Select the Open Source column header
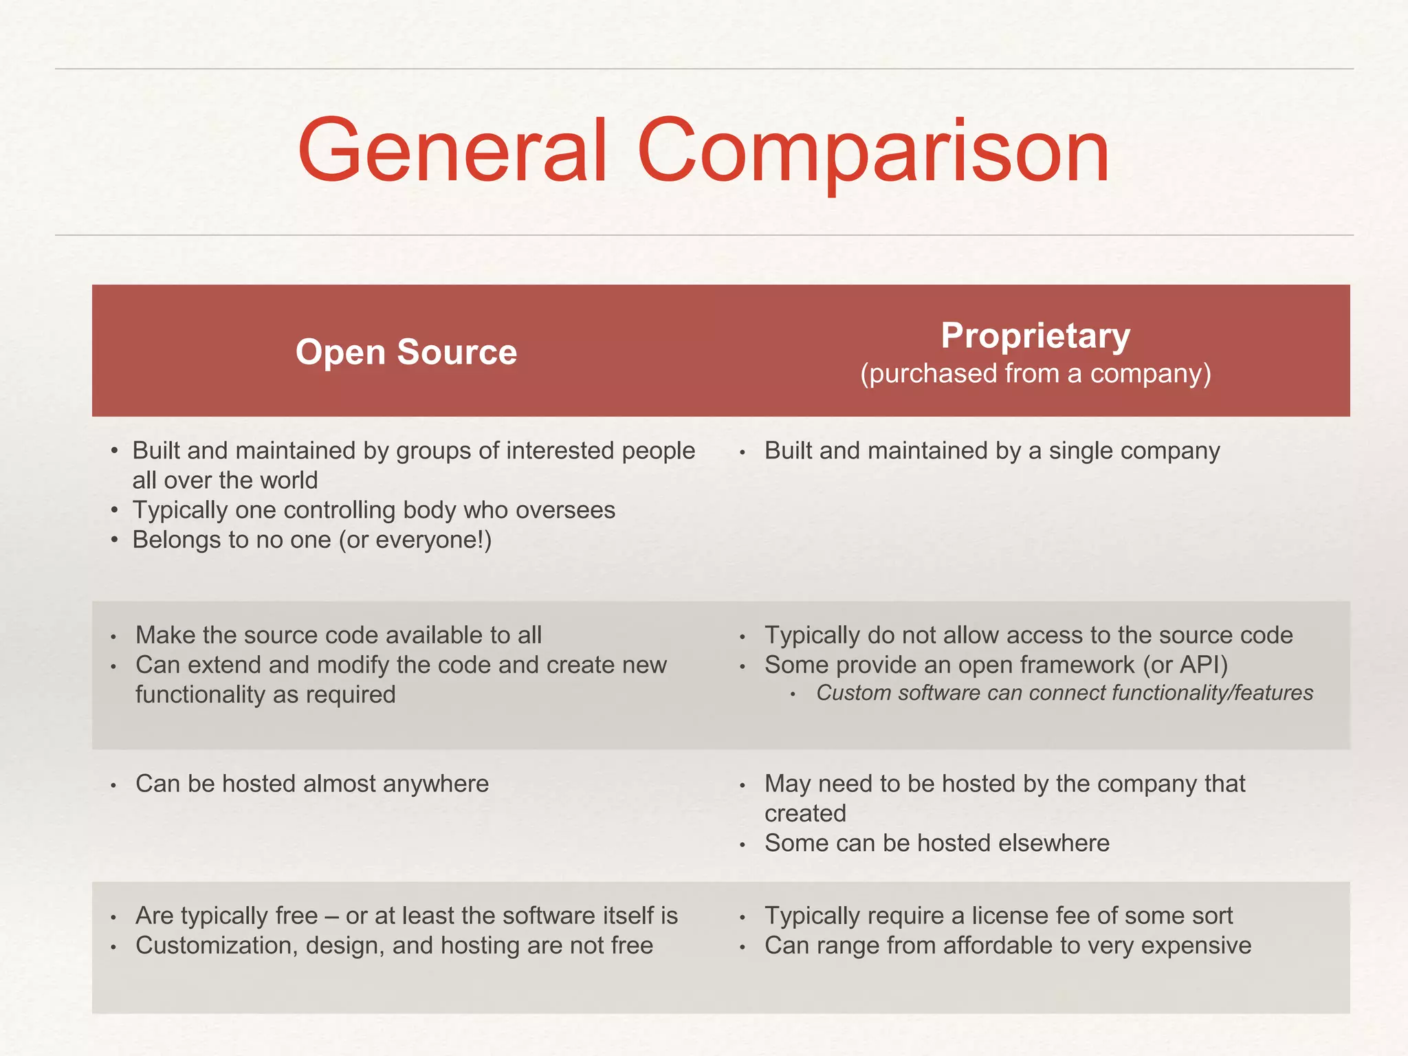(406, 352)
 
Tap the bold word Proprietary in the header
(1035, 335)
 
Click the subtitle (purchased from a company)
(1035, 373)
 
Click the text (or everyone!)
(415, 540)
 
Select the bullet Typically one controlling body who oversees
(373, 510)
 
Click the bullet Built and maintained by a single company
(991, 451)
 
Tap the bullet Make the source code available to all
(338, 635)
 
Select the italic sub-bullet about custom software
(1064, 693)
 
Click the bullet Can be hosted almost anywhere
(311, 784)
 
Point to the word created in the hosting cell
(805, 813)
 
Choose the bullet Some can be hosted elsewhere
(936, 843)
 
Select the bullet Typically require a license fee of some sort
(998, 916)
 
